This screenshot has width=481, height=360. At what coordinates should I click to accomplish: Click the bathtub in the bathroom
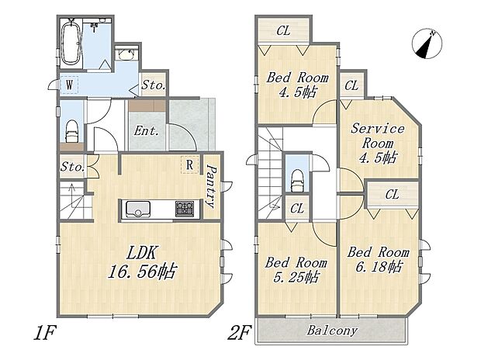pyautogui.click(x=71, y=43)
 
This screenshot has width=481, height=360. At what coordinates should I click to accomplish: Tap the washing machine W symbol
pyautogui.click(x=69, y=85)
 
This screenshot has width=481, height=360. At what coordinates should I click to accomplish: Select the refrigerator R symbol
pyautogui.click(x=190, y=164)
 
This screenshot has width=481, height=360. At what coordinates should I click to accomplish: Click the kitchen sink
pyautogui.click(x=137, y=209)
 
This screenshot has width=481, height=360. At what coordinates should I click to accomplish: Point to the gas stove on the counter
pyautogui.click(x=185, y=209)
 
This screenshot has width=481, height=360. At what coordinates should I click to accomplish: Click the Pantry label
pyautogui.click(x=211, y=186)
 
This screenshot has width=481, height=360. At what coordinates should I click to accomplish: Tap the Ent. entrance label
pyautogui.click(x=147, y=131)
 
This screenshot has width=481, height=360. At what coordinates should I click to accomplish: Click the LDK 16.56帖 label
pyautogui.click(x=143, y=262)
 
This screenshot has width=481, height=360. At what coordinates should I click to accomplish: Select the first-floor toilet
pyautogui.click(x=72, y=131)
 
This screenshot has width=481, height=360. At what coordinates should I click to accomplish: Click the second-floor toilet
pyautogui.click(x=297, y=181)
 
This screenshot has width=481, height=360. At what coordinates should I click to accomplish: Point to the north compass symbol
pyautogui.click(x=427, y=44)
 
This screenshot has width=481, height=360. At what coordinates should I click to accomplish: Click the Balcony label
pyautogui.click(x=332, y=331)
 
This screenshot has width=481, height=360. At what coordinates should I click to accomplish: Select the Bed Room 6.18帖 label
pyautogui.click(x=379, y=259)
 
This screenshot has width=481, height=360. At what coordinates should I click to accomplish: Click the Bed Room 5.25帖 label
pyautogui.click(x=296, y=270)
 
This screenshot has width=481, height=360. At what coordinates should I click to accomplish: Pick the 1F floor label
pyautogui.click(x=45, y=333)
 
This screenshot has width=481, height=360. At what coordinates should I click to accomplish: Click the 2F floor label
pyautogui.click(x=240, y=333)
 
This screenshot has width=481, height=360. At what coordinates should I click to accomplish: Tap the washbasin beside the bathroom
pyautogui.click(x=126, y=54)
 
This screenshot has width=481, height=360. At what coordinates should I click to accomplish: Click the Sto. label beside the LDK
pyautogui.click(x=72, y=168)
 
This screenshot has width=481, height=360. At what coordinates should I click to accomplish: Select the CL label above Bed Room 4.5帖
pyautogui.click(x=283, y=31)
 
